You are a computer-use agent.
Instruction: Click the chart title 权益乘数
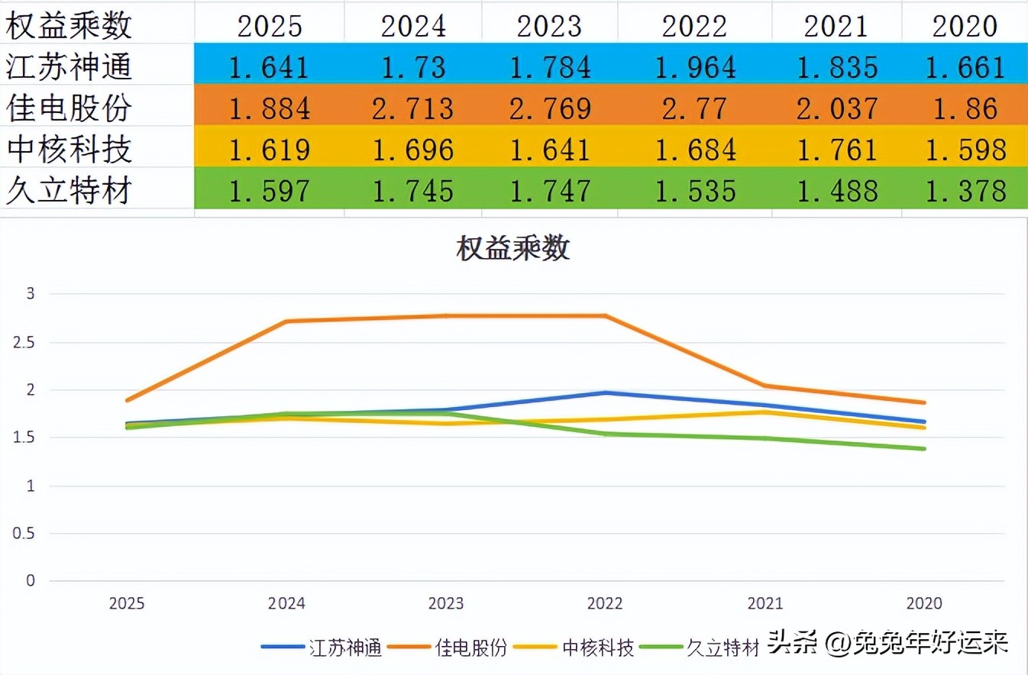pos(513,249)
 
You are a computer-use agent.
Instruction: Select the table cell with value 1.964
pos(694,67)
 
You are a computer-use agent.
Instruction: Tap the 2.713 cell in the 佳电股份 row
pos(412,108)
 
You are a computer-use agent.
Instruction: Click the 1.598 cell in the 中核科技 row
pos(965,150)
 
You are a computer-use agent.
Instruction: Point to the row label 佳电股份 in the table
pos(70,108)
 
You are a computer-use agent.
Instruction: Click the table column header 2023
pos(549,26)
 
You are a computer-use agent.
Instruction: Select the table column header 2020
pos(965,26)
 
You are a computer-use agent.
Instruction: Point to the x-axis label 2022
pos(605,604)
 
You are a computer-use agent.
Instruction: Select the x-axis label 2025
pos(127,604)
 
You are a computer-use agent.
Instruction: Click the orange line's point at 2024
pos(286,321)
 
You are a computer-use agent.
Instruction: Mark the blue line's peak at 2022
pos(605,393)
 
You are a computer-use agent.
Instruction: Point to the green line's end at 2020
pos(924,449)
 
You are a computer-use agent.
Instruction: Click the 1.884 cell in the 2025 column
pos(270,108)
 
